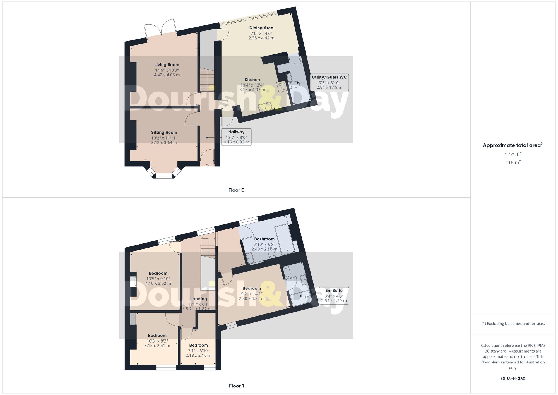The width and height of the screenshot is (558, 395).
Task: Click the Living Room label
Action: pyautogui.click(x=167, y=65)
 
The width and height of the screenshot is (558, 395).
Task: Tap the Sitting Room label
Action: pyautogui.click(x=164, y=133)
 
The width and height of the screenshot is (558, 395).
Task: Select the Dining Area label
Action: pyautogui.click(x=261, y=28)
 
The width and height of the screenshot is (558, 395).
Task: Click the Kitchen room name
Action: pyautogui.click(x=252, y=80)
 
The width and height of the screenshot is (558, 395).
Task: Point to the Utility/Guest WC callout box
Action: pyautogui.click(x=329, y=82)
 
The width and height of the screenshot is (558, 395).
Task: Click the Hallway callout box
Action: pyautogui.click(x=236, y=137)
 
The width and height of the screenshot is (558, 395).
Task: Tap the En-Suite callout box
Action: pyautogui.click(x=334, y=296)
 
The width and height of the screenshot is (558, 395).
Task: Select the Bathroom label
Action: pyautogui.click(x=264, y=239)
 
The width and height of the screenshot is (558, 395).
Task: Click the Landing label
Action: pyautogui.click(x=198, y=299)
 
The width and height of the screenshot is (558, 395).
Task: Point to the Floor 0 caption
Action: pyautogui.click(x=236, y=190)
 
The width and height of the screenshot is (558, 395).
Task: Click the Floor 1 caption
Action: pyautogui.click(x=236, y=386)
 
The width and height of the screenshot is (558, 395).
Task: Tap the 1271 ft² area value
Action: pyautogui.click(x=513, y=154)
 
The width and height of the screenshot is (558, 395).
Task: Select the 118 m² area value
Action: pyautogui.click(x=513, y=162)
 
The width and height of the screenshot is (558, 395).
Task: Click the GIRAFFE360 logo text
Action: pyautogui.click(x=513, y=379)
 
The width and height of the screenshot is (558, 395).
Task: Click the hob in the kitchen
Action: pyautogui.click(x=282, y=86)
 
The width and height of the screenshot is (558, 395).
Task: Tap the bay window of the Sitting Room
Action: pyautogui.click(x=164, y=175)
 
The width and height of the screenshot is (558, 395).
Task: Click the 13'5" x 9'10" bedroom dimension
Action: pyautogui.click(x=158, y=279)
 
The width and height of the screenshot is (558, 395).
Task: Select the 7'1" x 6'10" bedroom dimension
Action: pyautogui.click(x=198, y=351)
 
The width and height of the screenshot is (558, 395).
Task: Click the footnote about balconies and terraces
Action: pyautogui.click(x=513, y=324)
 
